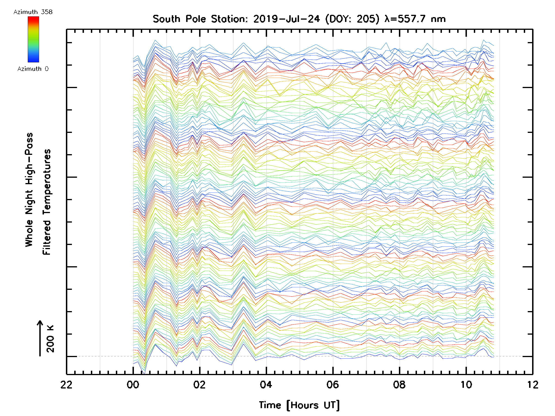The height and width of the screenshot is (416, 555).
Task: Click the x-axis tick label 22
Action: click(x=67, y=385)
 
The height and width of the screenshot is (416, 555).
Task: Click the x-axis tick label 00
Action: click(x=133, y=385)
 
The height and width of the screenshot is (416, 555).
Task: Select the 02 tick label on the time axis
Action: click(x=200, y=385)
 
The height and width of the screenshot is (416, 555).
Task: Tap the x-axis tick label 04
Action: click(x=266, y=385)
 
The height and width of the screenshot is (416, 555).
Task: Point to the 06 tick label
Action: click(x=333, y=385)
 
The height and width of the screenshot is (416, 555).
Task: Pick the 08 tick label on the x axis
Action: click(x=399, y=385)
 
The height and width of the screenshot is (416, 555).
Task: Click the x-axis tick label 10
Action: click(x=466, y=385)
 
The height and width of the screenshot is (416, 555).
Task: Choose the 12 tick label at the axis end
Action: click(x=532, y=385)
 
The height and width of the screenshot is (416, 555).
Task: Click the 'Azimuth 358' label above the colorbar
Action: click(x=33, y=12)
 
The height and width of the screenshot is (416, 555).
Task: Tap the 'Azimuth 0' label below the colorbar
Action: click(x=33, y=69)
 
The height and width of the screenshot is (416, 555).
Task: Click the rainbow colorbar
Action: click(x=33, y=39)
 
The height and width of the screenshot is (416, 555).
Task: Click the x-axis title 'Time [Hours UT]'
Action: click(x=299, y=405)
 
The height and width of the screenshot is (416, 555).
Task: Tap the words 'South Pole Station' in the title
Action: click(x=200, y=19)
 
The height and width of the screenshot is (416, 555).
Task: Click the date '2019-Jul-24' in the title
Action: click(x=287, y=19)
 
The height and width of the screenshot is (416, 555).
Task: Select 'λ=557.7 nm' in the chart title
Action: click(x=415, y=19)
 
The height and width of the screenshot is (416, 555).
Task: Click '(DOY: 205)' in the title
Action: click(x=352, y=19)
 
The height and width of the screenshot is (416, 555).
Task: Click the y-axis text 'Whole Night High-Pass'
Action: click(x=29, y=190)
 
